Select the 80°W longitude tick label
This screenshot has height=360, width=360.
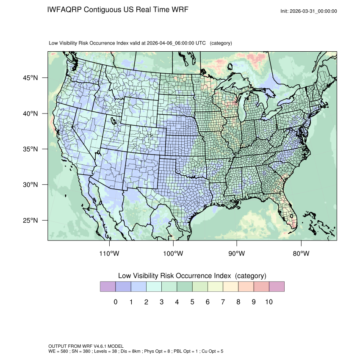coord(301,253)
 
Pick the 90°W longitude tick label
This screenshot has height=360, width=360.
coord(237,253)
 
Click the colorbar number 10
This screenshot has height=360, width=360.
coord(269,302)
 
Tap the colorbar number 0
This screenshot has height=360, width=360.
coord(115,302)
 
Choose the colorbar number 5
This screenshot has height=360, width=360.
coord(192,302)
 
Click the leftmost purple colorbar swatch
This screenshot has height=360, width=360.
coord(108,287)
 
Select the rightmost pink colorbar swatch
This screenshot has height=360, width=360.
coord(277,287)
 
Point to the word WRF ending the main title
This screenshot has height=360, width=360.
coord(180,10)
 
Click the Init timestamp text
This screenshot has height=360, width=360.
coord(309,11)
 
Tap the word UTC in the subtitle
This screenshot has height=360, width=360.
coord(200,43)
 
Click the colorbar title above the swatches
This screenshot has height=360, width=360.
coord(192,276)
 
